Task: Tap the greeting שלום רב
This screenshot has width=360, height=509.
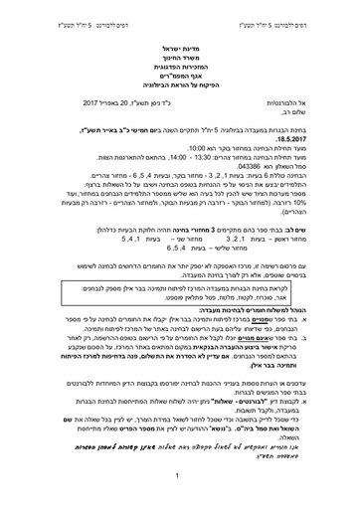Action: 317,111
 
